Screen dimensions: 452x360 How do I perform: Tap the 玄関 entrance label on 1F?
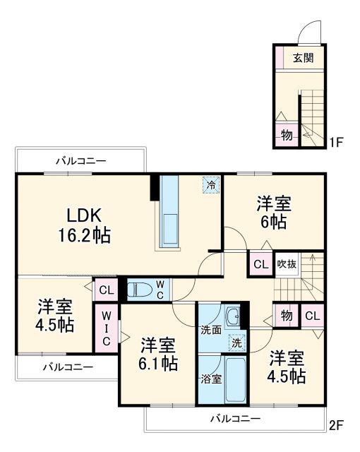click(304, 59)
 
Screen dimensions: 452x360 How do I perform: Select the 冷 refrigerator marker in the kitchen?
click(210, 185)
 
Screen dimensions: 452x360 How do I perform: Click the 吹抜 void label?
click(287, 265)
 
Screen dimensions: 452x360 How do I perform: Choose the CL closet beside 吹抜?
click(260, 265)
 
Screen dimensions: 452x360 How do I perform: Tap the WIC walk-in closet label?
click(107, 328)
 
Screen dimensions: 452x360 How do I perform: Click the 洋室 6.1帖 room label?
click(157, 354)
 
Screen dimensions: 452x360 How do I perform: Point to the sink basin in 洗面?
click(232, 316)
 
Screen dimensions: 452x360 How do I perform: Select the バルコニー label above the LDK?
click(81, 161)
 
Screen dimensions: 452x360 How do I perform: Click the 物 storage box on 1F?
click(286, 136)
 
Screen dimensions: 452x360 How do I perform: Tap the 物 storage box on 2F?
click(286, 315)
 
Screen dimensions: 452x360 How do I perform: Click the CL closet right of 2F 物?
click(311, 315)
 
